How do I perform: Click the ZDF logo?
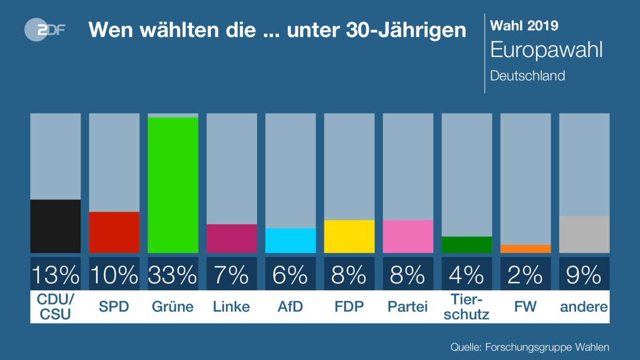tap(45, 29)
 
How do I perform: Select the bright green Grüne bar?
tap(173, 185)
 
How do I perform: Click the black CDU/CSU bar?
tap(55, 226)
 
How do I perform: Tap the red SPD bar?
tap(114, 232)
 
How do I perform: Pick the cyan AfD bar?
tap(290, 241)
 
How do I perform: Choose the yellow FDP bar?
tap(349, 236)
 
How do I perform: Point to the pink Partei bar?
tap(407, 236)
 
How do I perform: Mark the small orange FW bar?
tap(525, 249)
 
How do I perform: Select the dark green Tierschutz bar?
tap(466, 244)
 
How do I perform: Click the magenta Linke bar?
tap(231, 238)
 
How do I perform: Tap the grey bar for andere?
tap(584, 234)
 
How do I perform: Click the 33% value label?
tap(173, 275)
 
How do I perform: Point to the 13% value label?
tap(55, 275)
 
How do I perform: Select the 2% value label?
tap(525, 275)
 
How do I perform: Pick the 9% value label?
tap(584, 275)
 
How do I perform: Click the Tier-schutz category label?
tap(466, 307)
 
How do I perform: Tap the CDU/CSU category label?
tap(55, 307)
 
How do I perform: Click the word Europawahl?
tap(546, 50)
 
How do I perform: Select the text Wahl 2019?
tap(524, 25)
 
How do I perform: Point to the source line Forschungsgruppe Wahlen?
tap(530, 347)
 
